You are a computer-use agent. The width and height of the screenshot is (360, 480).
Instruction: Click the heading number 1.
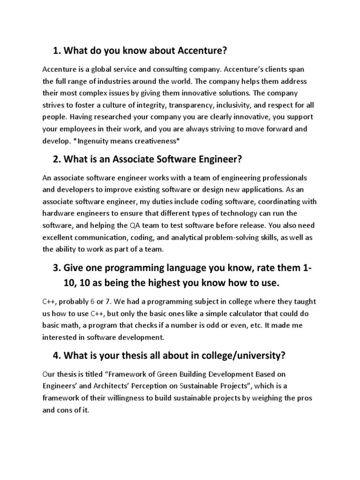click(56, 50)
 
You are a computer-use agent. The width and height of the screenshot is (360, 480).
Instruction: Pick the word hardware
click(57, 213)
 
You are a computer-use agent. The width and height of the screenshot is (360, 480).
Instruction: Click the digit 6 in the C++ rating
click(92, 301)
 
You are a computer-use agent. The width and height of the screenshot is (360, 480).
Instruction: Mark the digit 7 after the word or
click(110, 301)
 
